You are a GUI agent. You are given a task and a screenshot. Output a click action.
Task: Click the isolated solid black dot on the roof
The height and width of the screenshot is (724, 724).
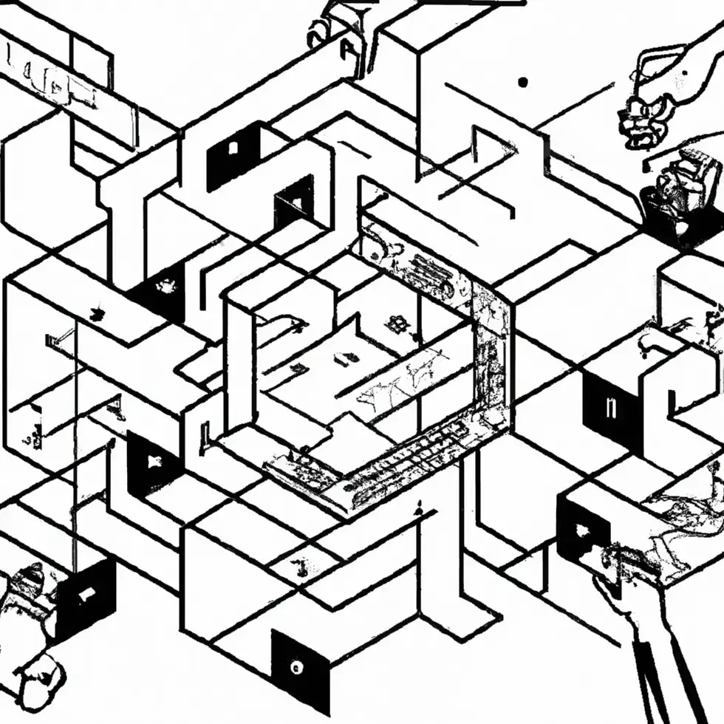(x=524, y=83)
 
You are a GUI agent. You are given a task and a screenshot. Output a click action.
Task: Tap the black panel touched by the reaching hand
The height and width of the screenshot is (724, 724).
(x=583, y=529)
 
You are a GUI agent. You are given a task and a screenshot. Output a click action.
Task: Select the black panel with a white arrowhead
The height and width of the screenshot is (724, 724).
(x=153, y=464)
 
